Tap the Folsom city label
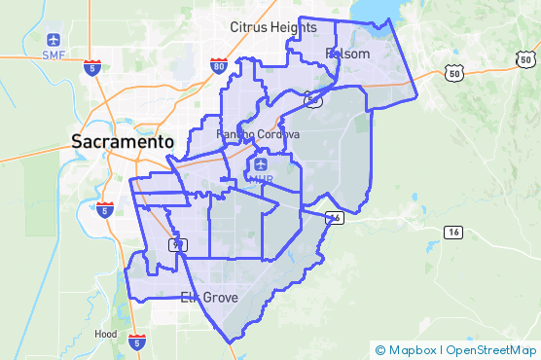pos(347,54)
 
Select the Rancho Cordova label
pos(257,133)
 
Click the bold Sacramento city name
pos(122,141)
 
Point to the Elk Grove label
pos(208,297)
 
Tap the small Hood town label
pos(106,333)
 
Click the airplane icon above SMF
pos(54,40)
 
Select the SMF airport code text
pos(54,55)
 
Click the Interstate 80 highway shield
pos(218,65)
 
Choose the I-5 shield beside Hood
pos(136,342)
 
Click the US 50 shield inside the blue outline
pos(311,98)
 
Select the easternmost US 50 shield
pos(524,59)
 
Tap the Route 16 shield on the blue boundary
pos(334,218)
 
